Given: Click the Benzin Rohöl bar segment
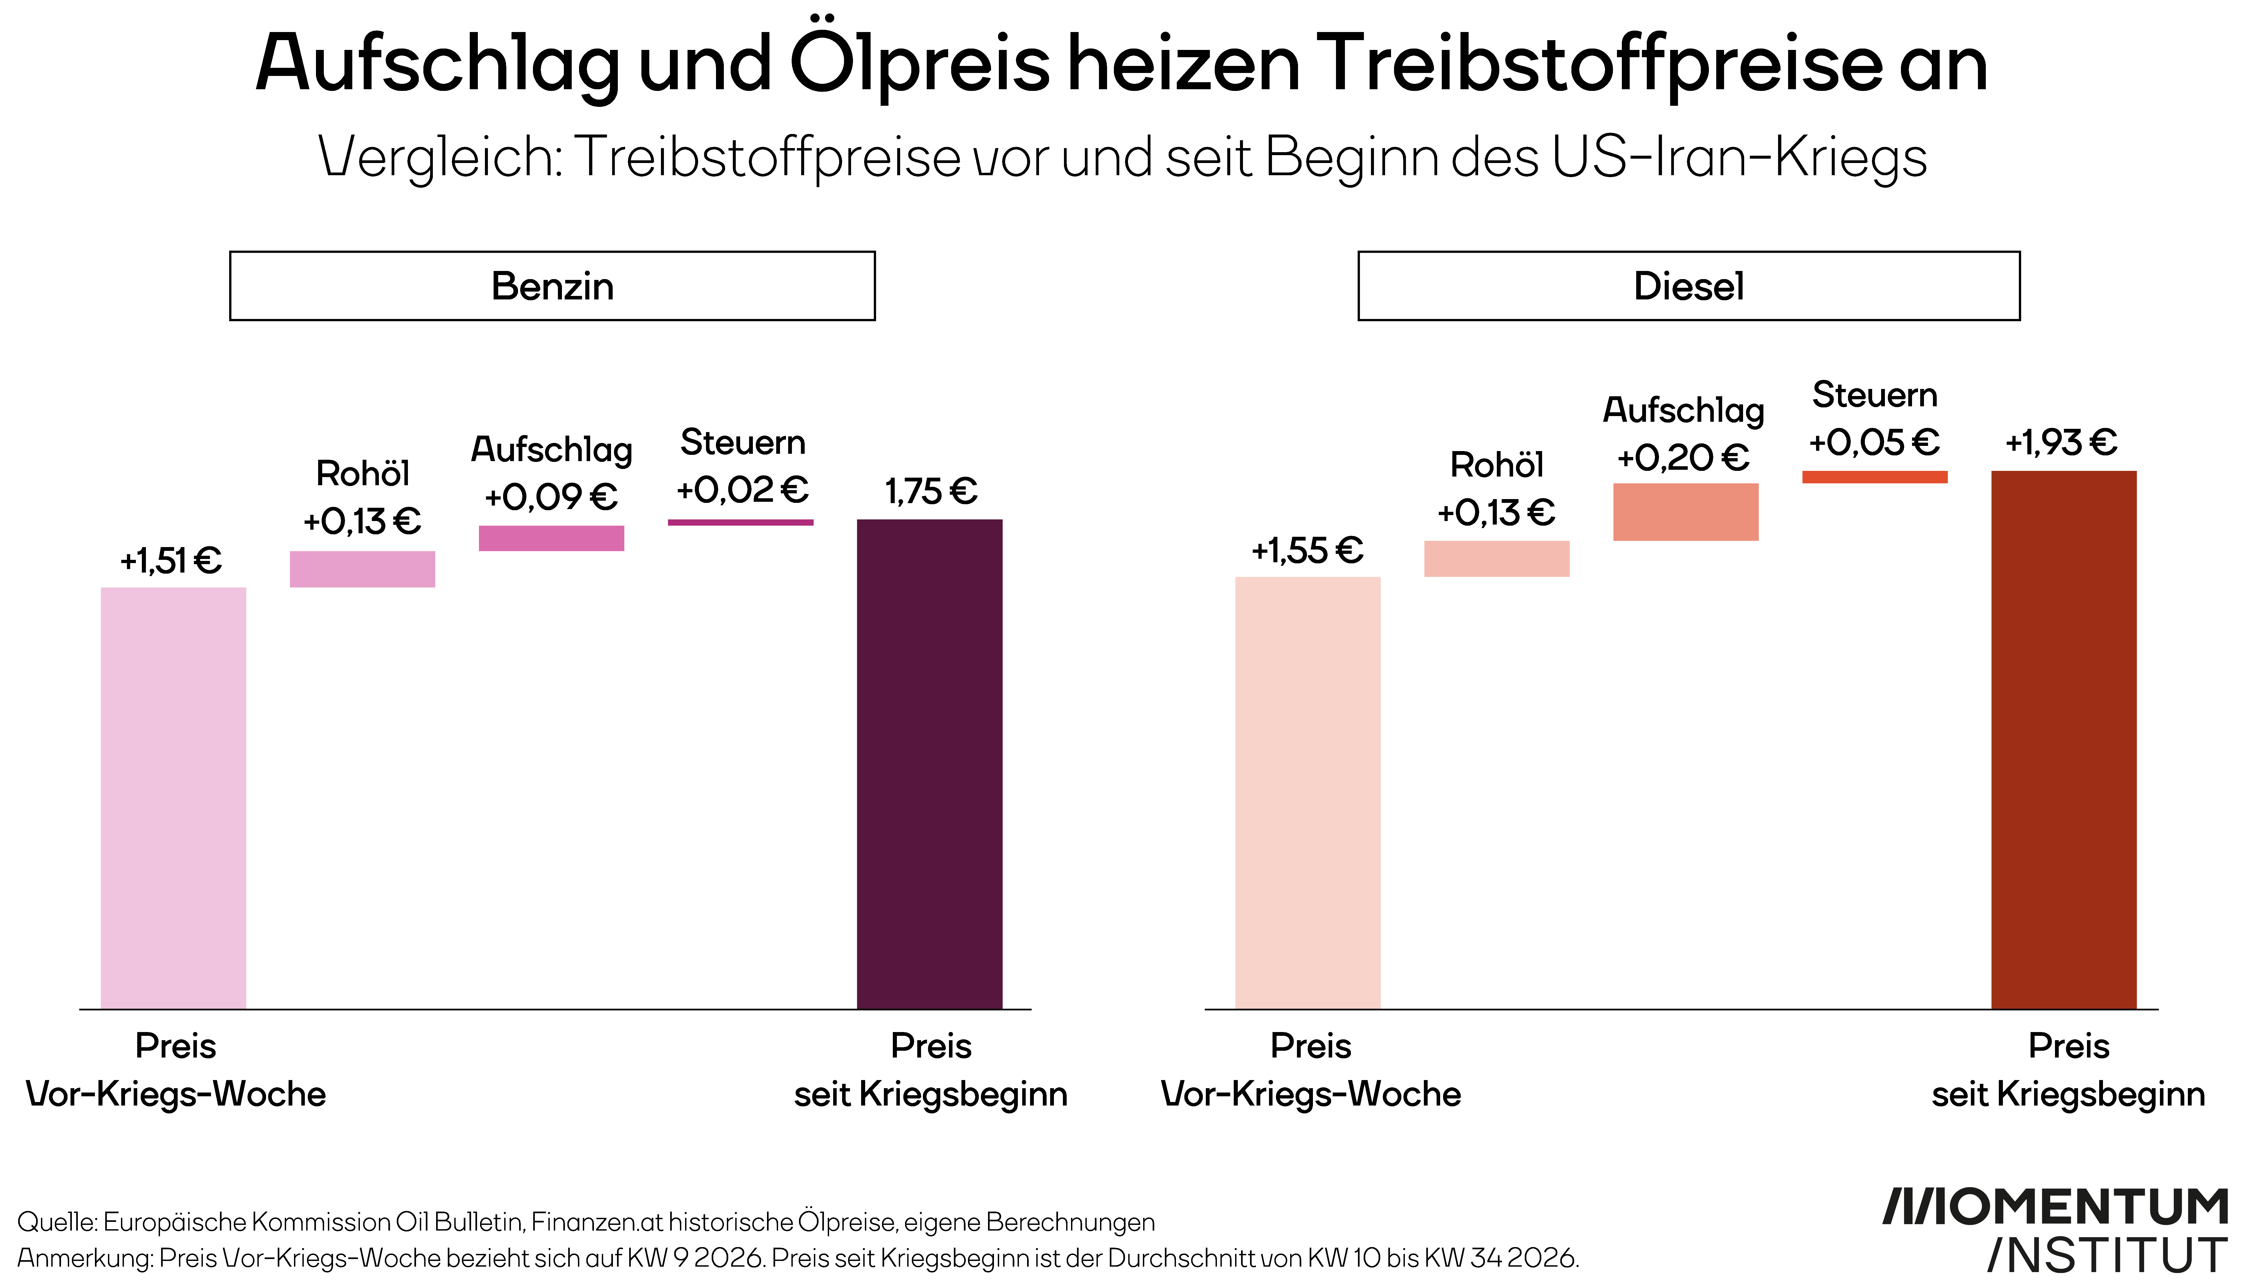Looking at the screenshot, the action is [x=362, y=569].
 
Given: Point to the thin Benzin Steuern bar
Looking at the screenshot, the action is [x=741, y=522].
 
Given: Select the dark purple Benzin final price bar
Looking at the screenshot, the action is [x=929, y=764].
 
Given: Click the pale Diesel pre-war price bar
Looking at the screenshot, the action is [x=1308, y=793].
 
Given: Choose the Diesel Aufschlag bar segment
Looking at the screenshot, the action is [x=1686, y=512].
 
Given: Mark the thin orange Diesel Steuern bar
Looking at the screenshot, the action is [x=1875, y=477].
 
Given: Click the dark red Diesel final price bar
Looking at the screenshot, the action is [x=2064, y=740].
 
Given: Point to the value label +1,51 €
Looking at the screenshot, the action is [x=171, y=560].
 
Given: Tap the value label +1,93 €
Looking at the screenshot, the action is [x=2061, y=442].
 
